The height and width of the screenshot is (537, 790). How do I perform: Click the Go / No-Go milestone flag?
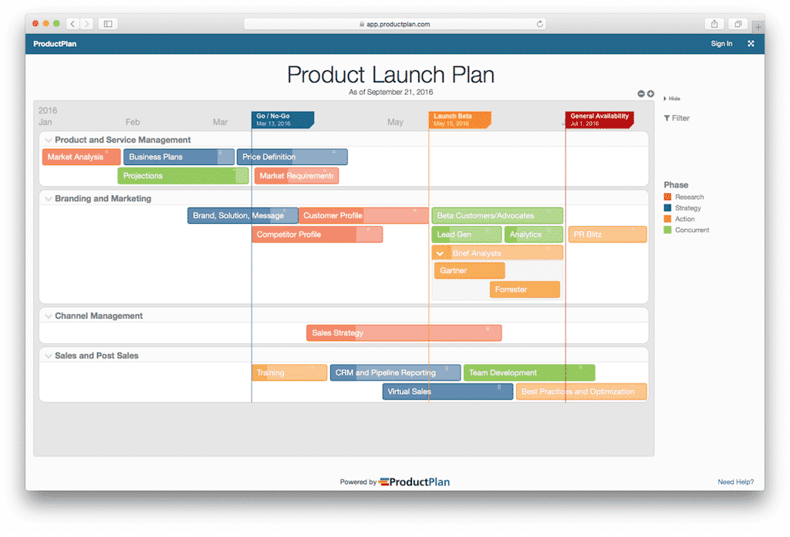click(x=282, y=120)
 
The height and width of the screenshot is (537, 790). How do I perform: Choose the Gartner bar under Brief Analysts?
click(x=469, y=271)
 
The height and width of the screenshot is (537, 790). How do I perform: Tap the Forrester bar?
click(x=525, y=289)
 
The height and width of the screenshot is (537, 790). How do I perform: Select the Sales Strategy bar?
click(x=404, y=333)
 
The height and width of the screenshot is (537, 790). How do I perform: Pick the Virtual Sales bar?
click(x=447, y=391)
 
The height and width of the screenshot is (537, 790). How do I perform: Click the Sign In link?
click(x=721, y=44)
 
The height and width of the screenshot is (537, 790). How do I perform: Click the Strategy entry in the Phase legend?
click(x=687, y=208)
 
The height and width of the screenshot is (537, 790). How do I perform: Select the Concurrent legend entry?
click(x=691, y=230)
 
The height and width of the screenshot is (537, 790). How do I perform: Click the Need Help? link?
click(x=735, y=481)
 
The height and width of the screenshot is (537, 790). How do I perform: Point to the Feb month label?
click(x=133, y=122)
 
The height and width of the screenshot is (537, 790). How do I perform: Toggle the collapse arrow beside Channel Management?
click(x=49, y=316)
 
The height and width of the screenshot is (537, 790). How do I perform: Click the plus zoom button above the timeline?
click(x=650, y=93)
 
